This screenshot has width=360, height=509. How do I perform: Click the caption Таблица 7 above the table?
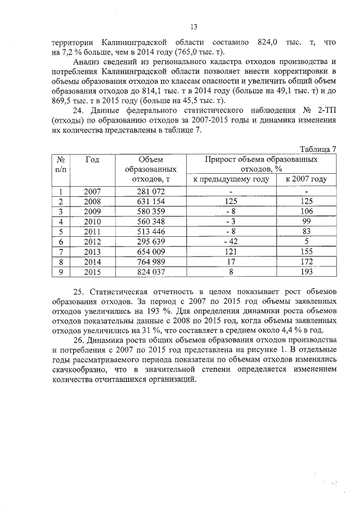318,148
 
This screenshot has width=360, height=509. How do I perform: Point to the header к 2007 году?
306,179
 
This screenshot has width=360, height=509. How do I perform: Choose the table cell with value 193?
306,272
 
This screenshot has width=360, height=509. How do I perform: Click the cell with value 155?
306,252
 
